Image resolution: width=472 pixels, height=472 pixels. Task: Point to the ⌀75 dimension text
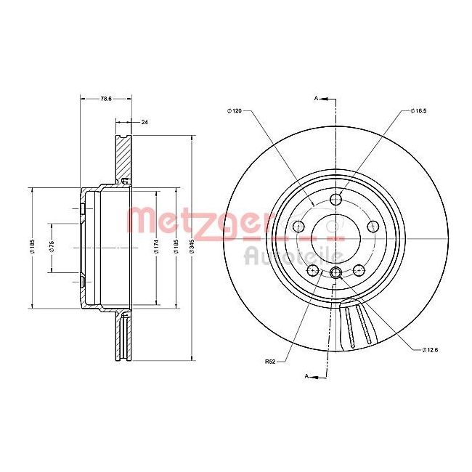(52, 248)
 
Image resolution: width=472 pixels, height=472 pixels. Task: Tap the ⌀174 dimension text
(158, 248)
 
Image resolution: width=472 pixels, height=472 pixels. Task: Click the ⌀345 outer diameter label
(192, 248)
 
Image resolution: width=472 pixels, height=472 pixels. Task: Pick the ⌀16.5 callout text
(418, 110)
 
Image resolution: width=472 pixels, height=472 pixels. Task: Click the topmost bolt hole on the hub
(335, 200)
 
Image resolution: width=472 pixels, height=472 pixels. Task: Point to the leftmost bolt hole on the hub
(298, 227)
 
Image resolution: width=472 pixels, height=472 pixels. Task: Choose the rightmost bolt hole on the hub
(373, 227)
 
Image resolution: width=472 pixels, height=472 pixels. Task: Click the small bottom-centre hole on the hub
(335, 273)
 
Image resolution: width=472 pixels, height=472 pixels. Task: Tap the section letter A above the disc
(317, 97)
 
